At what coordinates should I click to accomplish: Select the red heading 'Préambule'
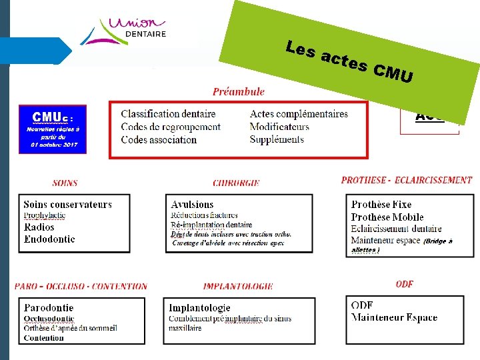click(239, 92)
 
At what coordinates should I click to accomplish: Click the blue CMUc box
click(53, 128)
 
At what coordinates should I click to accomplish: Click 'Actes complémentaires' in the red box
click(299, 114)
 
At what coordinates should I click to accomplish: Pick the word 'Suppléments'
click(277, 139)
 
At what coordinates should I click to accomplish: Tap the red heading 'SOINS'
click(65, 183)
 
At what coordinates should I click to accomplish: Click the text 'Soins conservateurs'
click(67, 205)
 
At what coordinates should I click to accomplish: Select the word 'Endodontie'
click(49, 239)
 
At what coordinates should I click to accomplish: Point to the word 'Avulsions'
click(192, 205)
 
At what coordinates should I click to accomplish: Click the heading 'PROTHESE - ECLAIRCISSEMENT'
click(406, 180)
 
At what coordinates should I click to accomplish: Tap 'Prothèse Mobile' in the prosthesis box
click(387, 217)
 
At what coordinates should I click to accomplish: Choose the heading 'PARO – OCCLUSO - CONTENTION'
click(81, 287)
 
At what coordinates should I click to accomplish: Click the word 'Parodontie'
click(49, 308)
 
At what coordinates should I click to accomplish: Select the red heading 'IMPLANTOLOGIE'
click(238, 287)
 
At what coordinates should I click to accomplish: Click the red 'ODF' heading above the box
click(404, 284)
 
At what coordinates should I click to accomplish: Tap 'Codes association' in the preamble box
click(159, 139)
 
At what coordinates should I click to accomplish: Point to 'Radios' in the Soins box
click(39, 227)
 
